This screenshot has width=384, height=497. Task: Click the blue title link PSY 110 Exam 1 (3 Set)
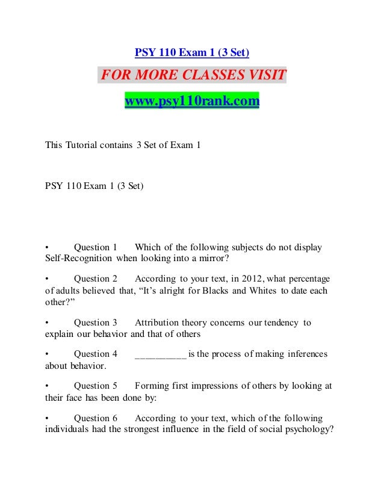coord(191,53)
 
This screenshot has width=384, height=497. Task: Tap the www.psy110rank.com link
coord(191,101)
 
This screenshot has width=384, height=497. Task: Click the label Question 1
coord(95,247)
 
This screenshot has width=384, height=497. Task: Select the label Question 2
coord(95,279)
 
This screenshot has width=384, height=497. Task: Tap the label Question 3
coord(95,323)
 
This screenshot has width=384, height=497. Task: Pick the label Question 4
coord(95,354)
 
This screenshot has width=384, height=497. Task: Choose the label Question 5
coord(95,386)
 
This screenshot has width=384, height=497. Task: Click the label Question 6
coord(95,418)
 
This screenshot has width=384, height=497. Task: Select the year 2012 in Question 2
coord(253,279)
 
